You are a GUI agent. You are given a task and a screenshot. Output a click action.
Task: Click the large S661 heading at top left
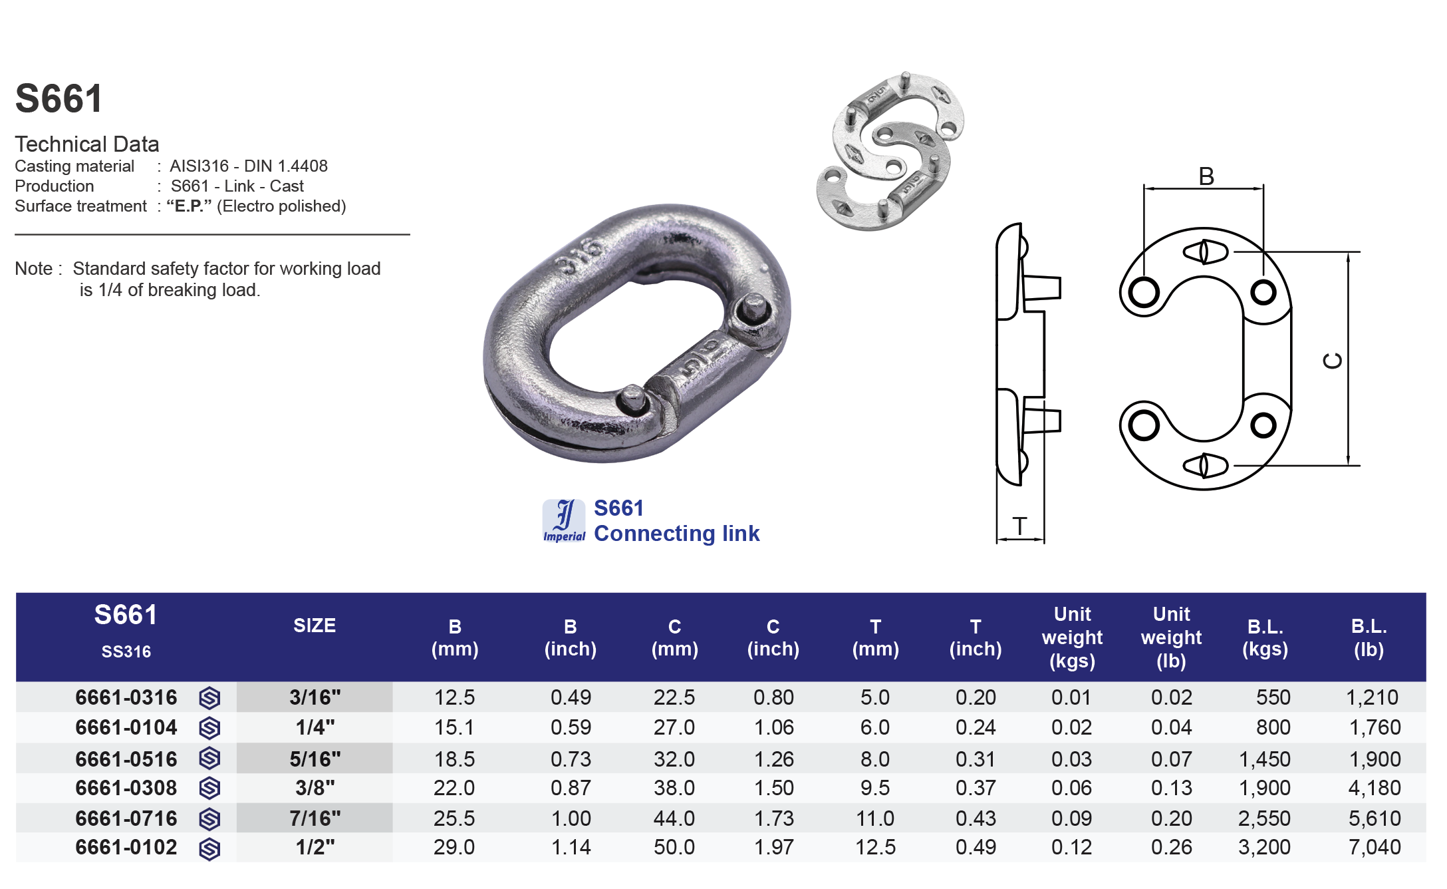(x=59, y=98)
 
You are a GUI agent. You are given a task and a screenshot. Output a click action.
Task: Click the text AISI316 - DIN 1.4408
(x=248, y=166)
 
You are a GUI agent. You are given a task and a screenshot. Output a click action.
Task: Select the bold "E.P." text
(x=189, y=206)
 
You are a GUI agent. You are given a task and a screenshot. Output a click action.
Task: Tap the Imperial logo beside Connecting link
(x=564, y=520)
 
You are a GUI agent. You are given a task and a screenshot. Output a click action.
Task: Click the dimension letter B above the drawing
(x=1206, y=177)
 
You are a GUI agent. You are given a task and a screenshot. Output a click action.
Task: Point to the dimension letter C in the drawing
(x=1332, y=361)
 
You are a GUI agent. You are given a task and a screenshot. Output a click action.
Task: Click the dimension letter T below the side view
(x=1020, y=526)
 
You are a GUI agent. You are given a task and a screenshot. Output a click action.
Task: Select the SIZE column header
(x=314, y=625)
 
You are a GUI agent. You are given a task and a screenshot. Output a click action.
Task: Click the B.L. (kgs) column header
(x=1265, y=637)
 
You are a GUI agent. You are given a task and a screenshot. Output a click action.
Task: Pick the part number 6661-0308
(x=126, y=788)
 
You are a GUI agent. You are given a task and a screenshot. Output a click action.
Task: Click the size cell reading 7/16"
(x=315, y=818)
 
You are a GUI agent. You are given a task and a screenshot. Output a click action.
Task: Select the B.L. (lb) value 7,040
(x=1374, y=847)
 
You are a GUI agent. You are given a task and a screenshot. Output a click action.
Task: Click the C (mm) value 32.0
(x=674, y=759)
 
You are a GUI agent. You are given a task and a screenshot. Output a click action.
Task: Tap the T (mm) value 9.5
(x=874, y=788)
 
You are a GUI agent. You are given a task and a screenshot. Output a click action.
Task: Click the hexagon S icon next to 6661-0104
(x=209, y=728)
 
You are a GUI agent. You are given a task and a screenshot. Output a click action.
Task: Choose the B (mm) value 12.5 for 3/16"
(x=454, y=697)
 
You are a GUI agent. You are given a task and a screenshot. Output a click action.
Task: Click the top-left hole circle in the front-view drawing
(x=1144, y=292)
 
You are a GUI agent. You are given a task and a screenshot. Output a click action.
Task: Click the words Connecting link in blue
(x=676, y=534)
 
